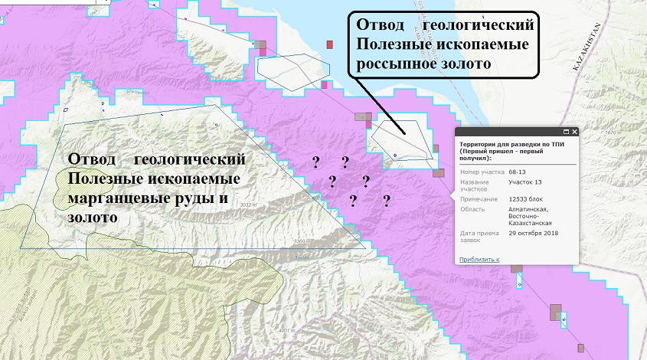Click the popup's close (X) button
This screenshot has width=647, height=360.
(575, 132)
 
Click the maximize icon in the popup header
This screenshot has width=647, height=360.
(566, 132)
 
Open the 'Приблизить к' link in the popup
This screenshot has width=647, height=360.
(479, 260)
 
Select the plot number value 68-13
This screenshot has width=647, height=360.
(518, 172)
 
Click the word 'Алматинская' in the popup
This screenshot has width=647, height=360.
(529, 209)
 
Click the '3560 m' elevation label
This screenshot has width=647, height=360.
(304, 241)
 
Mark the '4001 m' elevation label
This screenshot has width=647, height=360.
(287, 330)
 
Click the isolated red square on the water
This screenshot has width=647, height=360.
(330, 44)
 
